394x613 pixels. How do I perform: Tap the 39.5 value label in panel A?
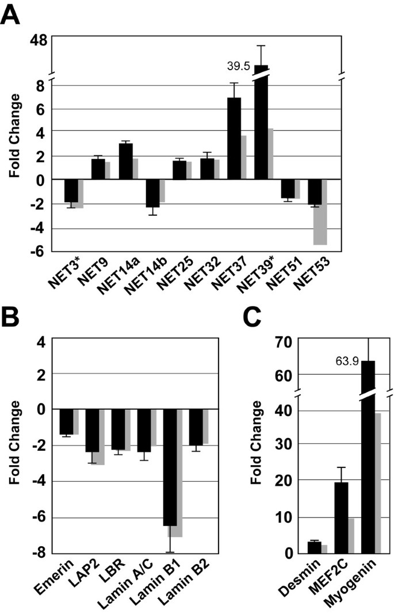238,66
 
